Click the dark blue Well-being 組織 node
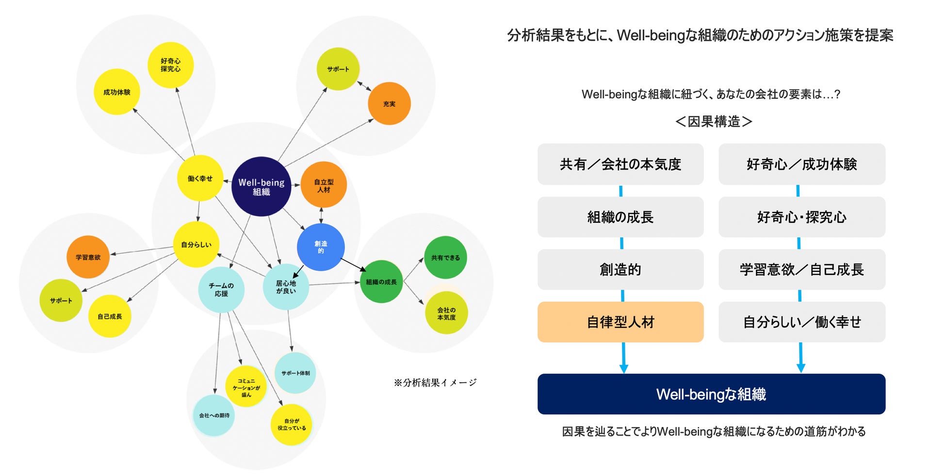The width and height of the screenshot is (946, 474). click(x=261, y=187)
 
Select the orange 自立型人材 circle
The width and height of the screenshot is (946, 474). click(x=324, y=185)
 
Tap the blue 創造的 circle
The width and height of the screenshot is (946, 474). click(x=321, y=247)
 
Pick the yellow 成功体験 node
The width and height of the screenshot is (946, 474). click(x=117, y=92)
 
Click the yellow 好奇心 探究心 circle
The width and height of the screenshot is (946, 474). click(x=170, y=65)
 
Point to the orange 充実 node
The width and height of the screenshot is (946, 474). click(x=389, y=104)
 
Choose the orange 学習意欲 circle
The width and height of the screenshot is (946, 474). click(x=88, y=257)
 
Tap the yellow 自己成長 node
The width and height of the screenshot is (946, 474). click(x=110, y=316)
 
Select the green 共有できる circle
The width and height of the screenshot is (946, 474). click(x=445, y=258)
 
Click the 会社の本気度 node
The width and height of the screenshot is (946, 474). click(x=446, y=313)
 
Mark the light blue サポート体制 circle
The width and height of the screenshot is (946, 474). click(x=295, y=373)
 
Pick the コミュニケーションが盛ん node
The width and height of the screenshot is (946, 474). click(x=246, y=388)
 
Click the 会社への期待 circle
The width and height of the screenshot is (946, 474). click(x=214, y=416)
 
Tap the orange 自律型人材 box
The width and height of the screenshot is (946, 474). click(x=620, y=322)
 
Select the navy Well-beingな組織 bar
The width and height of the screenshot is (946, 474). click(x=711, y=394)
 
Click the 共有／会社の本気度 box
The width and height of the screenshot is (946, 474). click(x=620, y=164)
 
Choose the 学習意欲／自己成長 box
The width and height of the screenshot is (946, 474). click(x=801, y=270)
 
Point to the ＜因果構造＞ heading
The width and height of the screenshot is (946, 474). click(x=714, y=121)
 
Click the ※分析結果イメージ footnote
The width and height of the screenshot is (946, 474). click(x=435, y=383)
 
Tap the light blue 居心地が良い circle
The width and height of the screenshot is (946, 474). click(x=286, y=287)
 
